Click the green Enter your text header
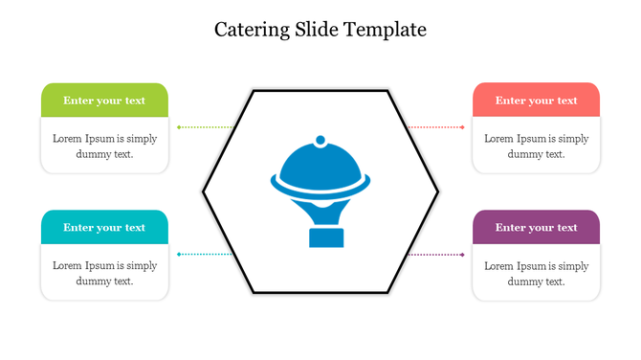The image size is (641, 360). (104, 101)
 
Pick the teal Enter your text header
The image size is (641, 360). (104, 228)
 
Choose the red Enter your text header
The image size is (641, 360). (536, 101)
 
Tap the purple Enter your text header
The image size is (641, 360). (536, 228)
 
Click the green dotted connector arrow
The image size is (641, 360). (205, 126)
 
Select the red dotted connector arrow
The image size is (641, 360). (436, 126)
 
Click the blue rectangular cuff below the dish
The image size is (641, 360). (325, 237)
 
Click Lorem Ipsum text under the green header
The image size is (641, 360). (104, 146)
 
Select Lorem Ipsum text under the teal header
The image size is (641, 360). (104, 273)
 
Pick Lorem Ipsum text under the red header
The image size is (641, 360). (536, 146)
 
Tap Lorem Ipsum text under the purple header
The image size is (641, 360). (536, 273)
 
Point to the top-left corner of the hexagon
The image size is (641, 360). (253, 91)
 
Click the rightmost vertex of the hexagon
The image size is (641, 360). (438, 191)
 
